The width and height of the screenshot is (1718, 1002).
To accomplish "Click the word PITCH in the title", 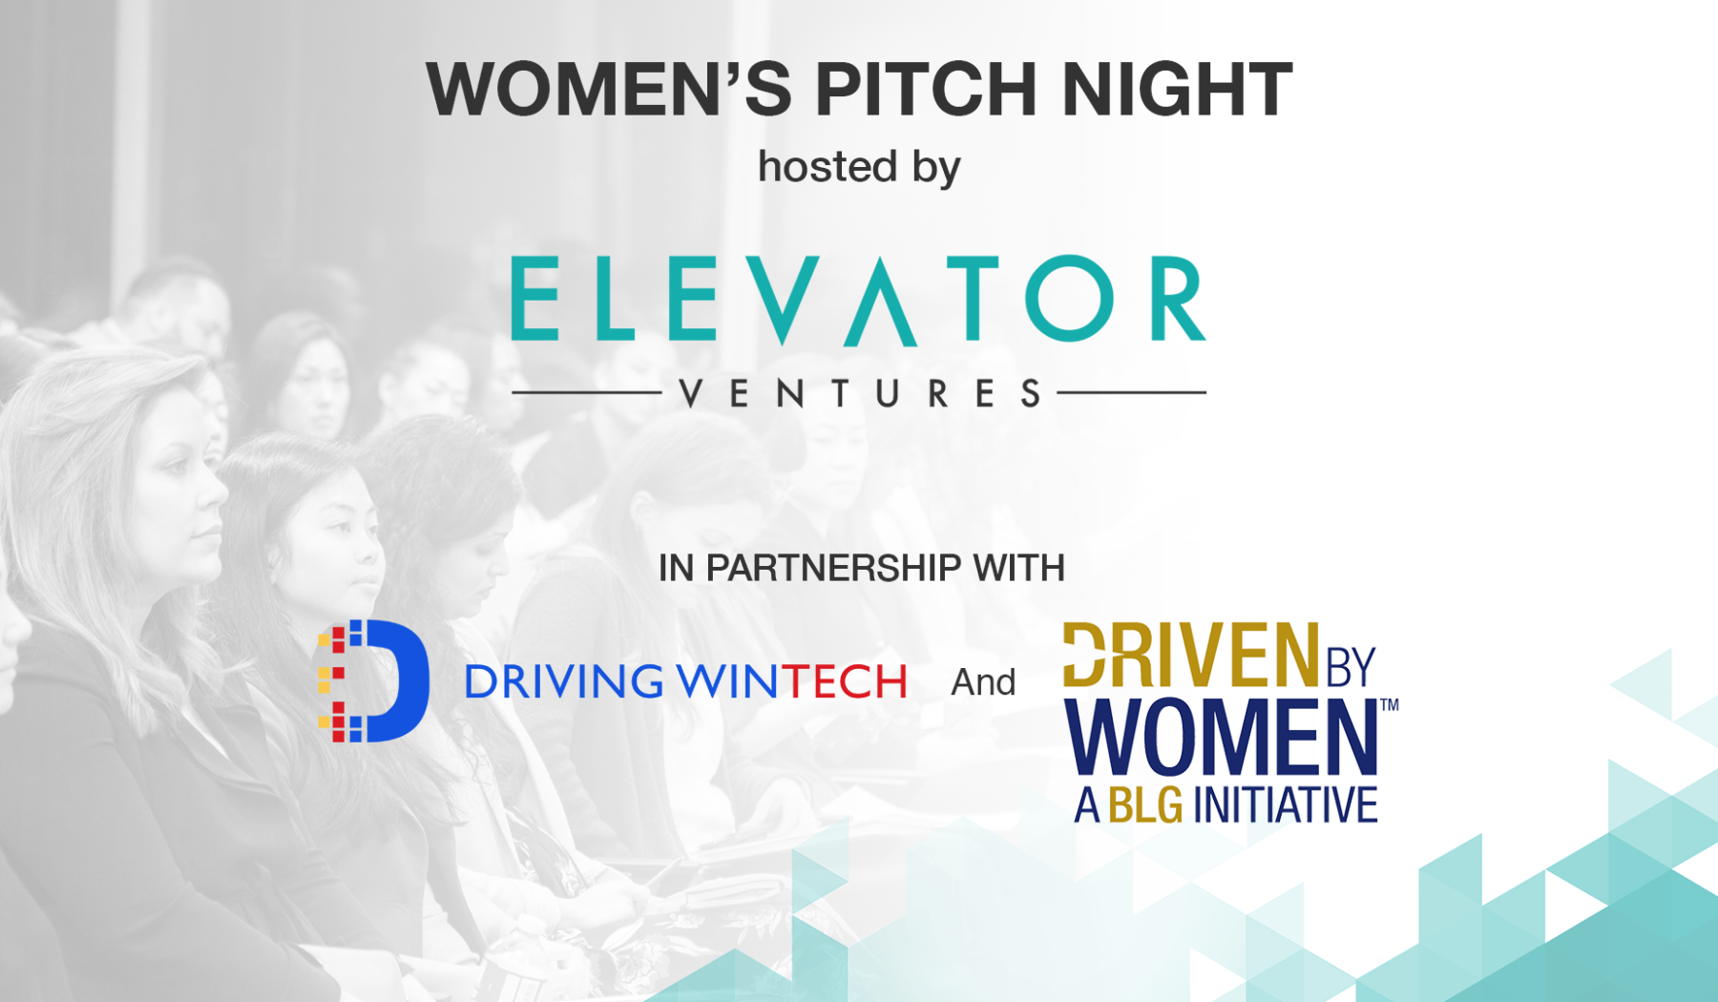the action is (925, 89).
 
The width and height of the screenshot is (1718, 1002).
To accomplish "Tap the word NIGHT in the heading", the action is (1177, 89).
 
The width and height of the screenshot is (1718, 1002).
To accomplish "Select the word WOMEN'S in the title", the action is (608, 89).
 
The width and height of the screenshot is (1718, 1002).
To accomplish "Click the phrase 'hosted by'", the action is (859, 167).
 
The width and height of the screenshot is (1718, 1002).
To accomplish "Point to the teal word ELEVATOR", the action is (858, 299).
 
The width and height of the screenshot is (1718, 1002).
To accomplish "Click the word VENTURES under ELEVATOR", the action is (859, 393).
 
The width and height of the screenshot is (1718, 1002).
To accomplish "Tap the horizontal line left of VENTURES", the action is (586, 392).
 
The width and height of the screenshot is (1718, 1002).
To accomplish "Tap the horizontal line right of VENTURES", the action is (1132, 392).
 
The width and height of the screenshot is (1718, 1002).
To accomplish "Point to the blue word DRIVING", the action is (563, 681).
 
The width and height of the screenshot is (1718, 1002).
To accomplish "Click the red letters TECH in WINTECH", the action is (845, 681).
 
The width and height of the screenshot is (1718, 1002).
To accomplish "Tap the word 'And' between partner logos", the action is (983, 682).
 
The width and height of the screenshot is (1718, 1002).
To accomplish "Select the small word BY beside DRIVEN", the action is (1350, 667).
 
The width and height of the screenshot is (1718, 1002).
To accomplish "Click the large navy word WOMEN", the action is (1222, 737).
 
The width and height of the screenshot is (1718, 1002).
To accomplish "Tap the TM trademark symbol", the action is (1389, 705).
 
